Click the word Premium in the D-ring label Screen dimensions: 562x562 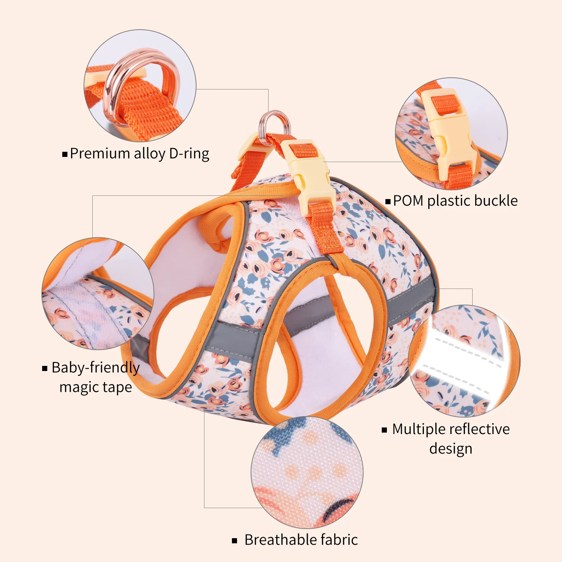click(x=100, y=154)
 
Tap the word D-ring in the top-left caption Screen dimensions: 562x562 click(x=189, y=154)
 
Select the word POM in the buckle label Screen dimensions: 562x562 click(x=408, y=201)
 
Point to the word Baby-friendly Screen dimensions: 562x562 click(x=96, y=368)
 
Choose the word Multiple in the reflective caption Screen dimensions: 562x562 click(x=417, y=429)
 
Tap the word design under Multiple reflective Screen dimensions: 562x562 click(x=451, y=449)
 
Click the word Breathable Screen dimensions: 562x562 click(x=280, y=540)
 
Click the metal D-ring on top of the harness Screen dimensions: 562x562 click(x=275, y=125)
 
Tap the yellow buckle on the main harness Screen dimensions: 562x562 click(x=311, y=176)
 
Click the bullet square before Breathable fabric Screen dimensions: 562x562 click(x=235, y=541)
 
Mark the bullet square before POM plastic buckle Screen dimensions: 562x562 click(x=388, y=201)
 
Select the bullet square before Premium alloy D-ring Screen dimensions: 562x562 click(x=65, y=154)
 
